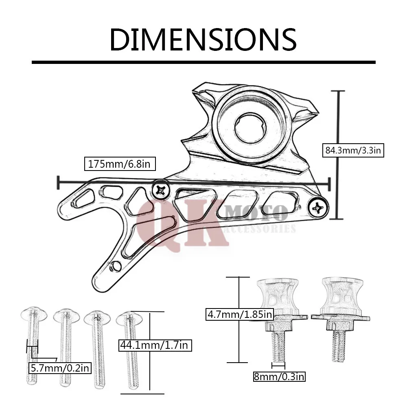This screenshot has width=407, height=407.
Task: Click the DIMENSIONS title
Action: [203, 39]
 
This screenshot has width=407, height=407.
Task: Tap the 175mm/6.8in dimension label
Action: [120, 164]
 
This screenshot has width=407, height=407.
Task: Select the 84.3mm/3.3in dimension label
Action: [353, 150]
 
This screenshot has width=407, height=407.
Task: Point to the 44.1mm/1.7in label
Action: [155, 345]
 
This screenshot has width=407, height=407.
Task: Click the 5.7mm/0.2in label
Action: [60, 368]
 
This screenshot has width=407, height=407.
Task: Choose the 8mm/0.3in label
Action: [279, 376]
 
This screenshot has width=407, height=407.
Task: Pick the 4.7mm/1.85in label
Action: [240, 314]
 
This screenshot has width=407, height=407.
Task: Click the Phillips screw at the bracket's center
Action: [161, 191]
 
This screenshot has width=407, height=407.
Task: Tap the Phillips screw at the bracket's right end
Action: [318, 208]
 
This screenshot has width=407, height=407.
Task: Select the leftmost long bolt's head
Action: [34, 314]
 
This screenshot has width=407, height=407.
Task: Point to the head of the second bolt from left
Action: [66, 316]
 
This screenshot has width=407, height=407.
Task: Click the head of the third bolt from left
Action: [97, 317]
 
